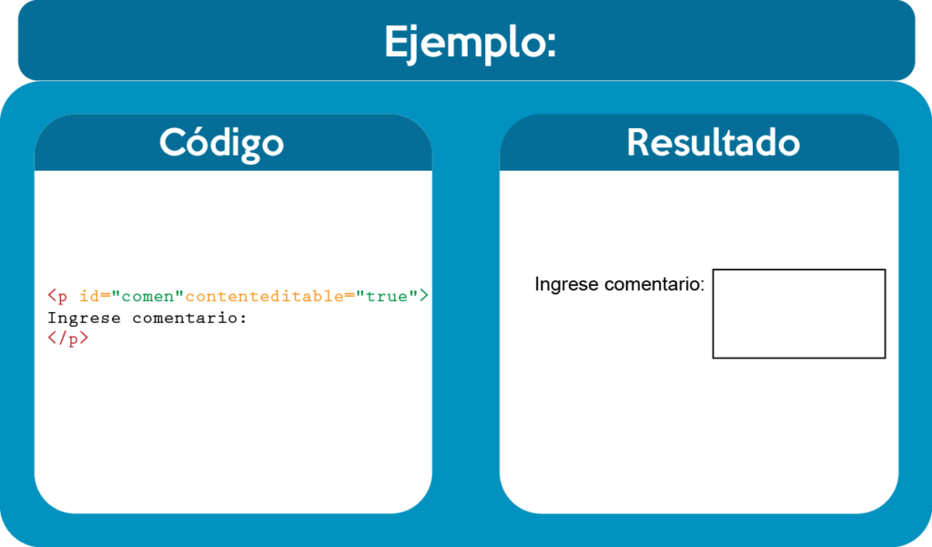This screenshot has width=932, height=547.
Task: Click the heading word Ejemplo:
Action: (471, 43)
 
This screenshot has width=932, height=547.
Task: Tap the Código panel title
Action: (222, 143)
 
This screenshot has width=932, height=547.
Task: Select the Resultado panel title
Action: (714, 143)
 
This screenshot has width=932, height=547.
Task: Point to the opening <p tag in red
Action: (57, 296)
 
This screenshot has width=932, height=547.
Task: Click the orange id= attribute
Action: (95, 296)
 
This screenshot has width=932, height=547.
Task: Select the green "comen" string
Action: (147, 296)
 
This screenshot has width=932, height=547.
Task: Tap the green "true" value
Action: (386, 296)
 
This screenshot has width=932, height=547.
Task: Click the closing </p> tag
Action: (67, 339)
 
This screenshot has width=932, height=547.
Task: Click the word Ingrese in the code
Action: (84, 319)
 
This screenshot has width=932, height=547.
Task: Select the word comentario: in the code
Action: (189, 318)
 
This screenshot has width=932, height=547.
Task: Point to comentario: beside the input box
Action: (653, 284)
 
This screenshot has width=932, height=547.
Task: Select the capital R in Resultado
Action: (638, 143)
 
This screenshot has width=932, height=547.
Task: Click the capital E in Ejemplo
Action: (395, 41)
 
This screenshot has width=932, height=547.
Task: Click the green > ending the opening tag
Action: (424, 296)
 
